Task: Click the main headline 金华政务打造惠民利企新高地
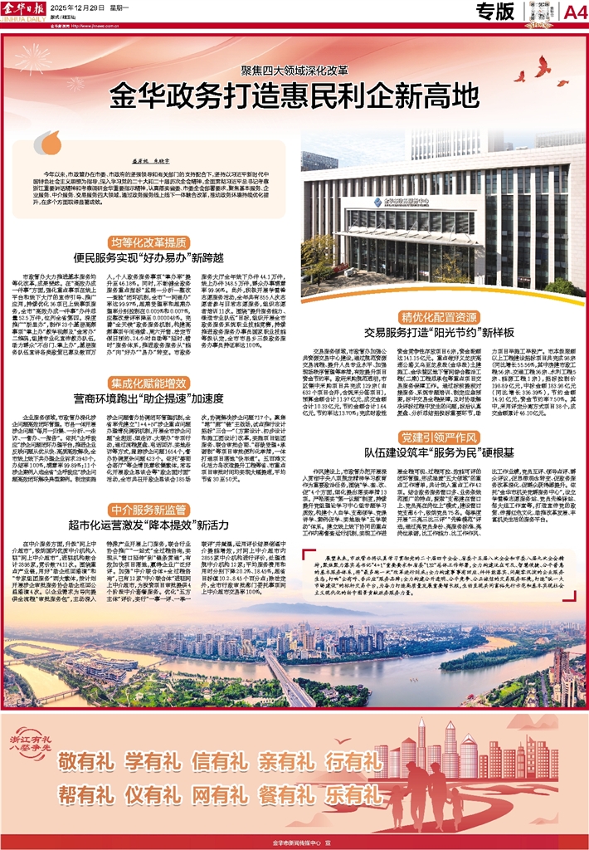294,90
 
